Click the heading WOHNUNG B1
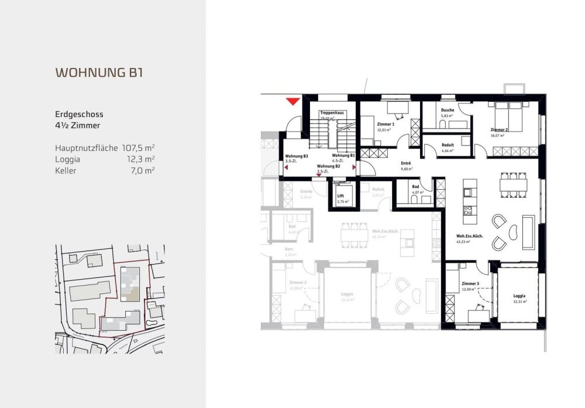[x=99, y=73]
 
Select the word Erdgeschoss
[x=79, y=115]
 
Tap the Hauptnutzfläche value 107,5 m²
[x=139, y=148]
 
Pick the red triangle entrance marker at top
[x=292, y=101]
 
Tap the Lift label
[x=340, y=196]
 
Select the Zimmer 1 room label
[x=386, y=124]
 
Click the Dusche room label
[x=448, y=110]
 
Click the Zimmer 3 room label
[x=470, y=284]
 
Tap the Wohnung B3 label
[x=297, y=156]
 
